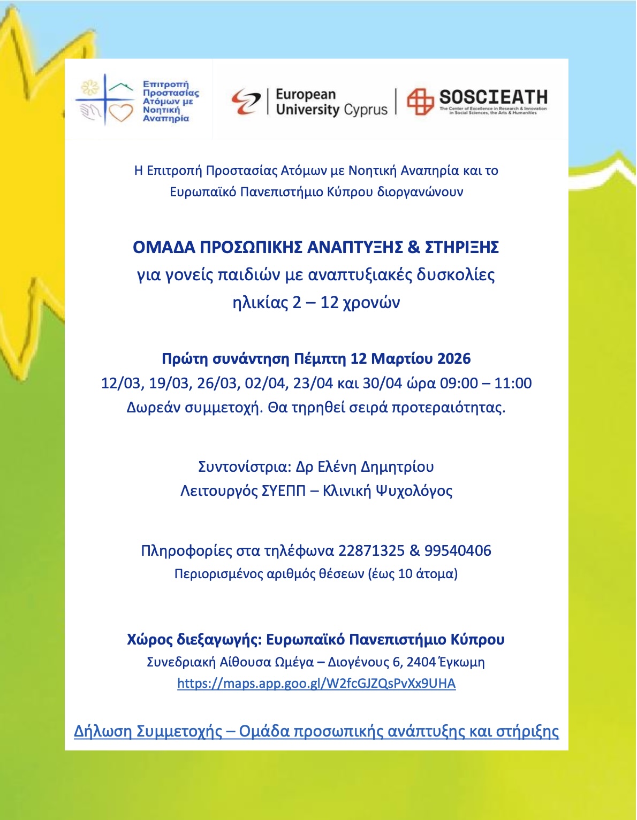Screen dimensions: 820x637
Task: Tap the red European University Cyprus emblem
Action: [246, 101]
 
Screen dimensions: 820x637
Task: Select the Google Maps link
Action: [316, 684]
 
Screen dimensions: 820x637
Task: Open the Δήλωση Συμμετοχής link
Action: [316, 731]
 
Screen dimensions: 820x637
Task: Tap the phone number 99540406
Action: [458, 550]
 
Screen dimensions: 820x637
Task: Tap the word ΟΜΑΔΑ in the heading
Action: [164, 247]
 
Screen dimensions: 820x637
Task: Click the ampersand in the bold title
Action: [414, 247]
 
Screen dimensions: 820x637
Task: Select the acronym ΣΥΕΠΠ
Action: [283, 491]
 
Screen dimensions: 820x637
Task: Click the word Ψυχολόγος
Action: [414, 491]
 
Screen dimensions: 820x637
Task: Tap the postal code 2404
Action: [421, 662]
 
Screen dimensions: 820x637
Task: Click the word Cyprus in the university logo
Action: [366, 110]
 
